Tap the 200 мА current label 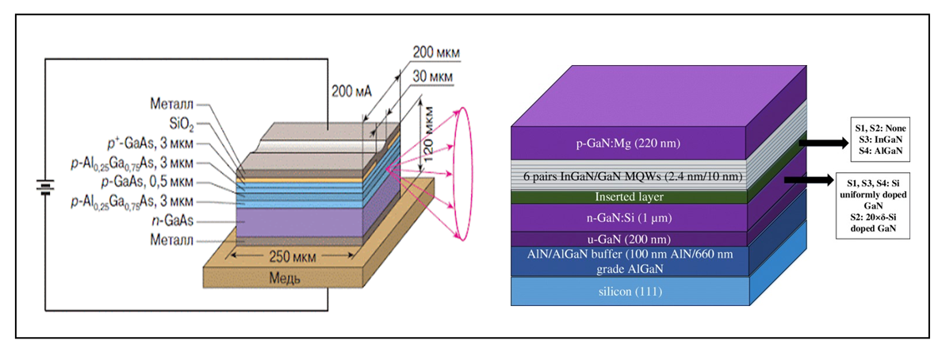pyautogui.click(x=351, y=91)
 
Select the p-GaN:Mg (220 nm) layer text pyautogui.click(x=630, y=144)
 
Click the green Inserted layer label pyautogui.click(x=630, y=196)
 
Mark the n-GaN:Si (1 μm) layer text pyautogui.click(x=630, y=216)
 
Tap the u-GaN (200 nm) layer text pyautogui.click(x=630, y=238)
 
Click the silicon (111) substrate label pyautogui.click(x=630, y=291)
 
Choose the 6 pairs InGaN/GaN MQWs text pyautogui.click(x=630, y=176)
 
